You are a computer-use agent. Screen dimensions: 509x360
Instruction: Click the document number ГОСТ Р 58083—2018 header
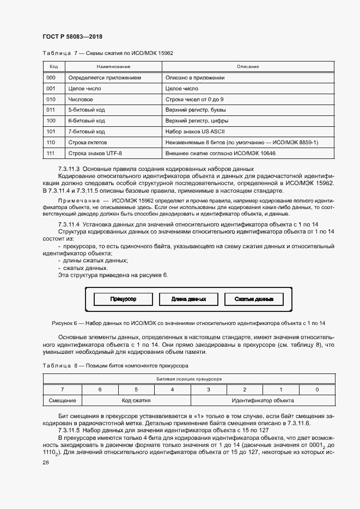point(72,36)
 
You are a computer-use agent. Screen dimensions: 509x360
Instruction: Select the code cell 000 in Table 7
point(52,78)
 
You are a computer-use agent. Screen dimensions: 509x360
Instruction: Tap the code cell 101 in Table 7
point(52,131)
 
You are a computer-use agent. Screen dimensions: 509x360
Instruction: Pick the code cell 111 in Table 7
point(52,153)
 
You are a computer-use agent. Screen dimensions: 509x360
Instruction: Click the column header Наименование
point(113,66)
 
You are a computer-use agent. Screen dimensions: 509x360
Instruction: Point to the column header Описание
point(247,66)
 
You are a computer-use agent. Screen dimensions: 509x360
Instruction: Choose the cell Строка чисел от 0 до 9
point(194,99)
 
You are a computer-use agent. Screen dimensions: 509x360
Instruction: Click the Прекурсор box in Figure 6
point(123,299)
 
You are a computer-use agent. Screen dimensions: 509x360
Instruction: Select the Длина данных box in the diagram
point(188,299)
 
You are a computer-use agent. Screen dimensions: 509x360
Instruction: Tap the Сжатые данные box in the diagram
point(254,299)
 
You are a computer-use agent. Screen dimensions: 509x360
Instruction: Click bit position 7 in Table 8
point(63,389)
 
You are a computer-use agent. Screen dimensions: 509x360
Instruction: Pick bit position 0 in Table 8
point(317,389)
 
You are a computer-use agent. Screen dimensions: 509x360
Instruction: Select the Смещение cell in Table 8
point(63,400)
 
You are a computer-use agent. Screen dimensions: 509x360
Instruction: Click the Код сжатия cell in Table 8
point(136,400)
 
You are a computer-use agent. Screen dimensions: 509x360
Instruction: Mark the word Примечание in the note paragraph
point(76,201)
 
